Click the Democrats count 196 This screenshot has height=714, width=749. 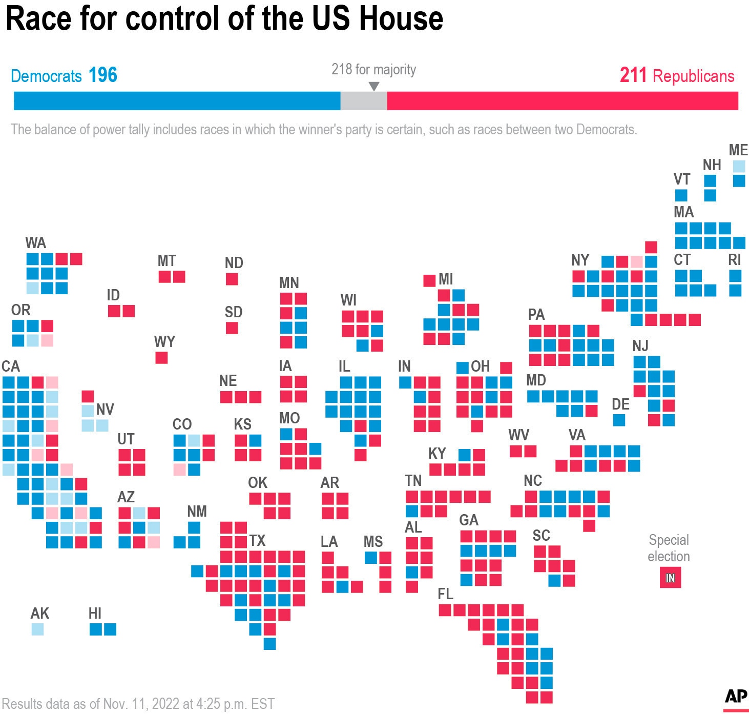(x=103, y=75)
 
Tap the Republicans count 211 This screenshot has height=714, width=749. (x=633, y=75)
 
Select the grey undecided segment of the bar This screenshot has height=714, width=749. (x=363, y=101)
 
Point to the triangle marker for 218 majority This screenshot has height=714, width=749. (x=374, y=87)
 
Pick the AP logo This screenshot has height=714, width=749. (x=736, y=697)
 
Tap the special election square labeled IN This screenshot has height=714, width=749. (x=670, y=578)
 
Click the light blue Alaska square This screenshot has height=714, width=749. (x=37, y=629)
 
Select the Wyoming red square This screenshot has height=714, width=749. (x=161, y=358)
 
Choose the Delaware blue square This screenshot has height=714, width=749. (x=619, y=420)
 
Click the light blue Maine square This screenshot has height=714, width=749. (x=739, y=166)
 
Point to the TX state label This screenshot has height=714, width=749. (x=257, y=541)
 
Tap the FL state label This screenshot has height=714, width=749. (x=445, y=594)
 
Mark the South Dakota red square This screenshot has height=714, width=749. (x=232, y=328)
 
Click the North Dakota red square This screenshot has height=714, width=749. (x=232, y=279)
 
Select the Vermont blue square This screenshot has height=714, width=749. (x=681, y=195)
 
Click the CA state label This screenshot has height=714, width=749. (x=10, y=366)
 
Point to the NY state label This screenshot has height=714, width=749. (x=580, y=260)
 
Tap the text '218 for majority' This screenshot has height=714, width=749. (x=373, y=69)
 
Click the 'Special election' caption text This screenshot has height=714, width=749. (x=669, y=548)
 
